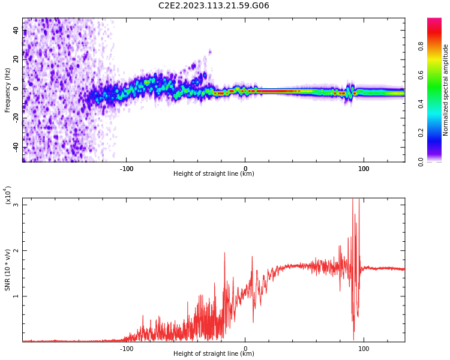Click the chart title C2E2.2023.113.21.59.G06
pyautogui.click(x=214, y=5)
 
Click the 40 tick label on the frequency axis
pyautogui.click(x=16, y=30)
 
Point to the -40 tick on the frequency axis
pyautogui.click(x=16, y=147)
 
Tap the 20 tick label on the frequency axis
pyautogui.click(x=16, y=59)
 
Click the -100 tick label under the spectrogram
pyautogui.click(x=126, y=169)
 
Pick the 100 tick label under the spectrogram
pyautogui.click(x=364, y=169)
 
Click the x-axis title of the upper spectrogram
pyautogui.click(x=214, y=174)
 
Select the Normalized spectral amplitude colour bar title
pyautogui.click(x=446, y=90)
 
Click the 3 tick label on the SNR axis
pyautogui.click(x=16, y=205)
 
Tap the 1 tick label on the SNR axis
pyautogui.click(x=16, y=296)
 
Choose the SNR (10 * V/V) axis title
pyautogui.click(x=8, y=269)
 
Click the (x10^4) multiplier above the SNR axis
pyautogui.click(x=8, y=196)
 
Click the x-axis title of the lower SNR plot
pyautogui.click(x=214, y=354)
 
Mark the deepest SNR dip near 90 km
pyautogui.click(x=353, y=338)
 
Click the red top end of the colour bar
pyautogui.click(x=434, y=21)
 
